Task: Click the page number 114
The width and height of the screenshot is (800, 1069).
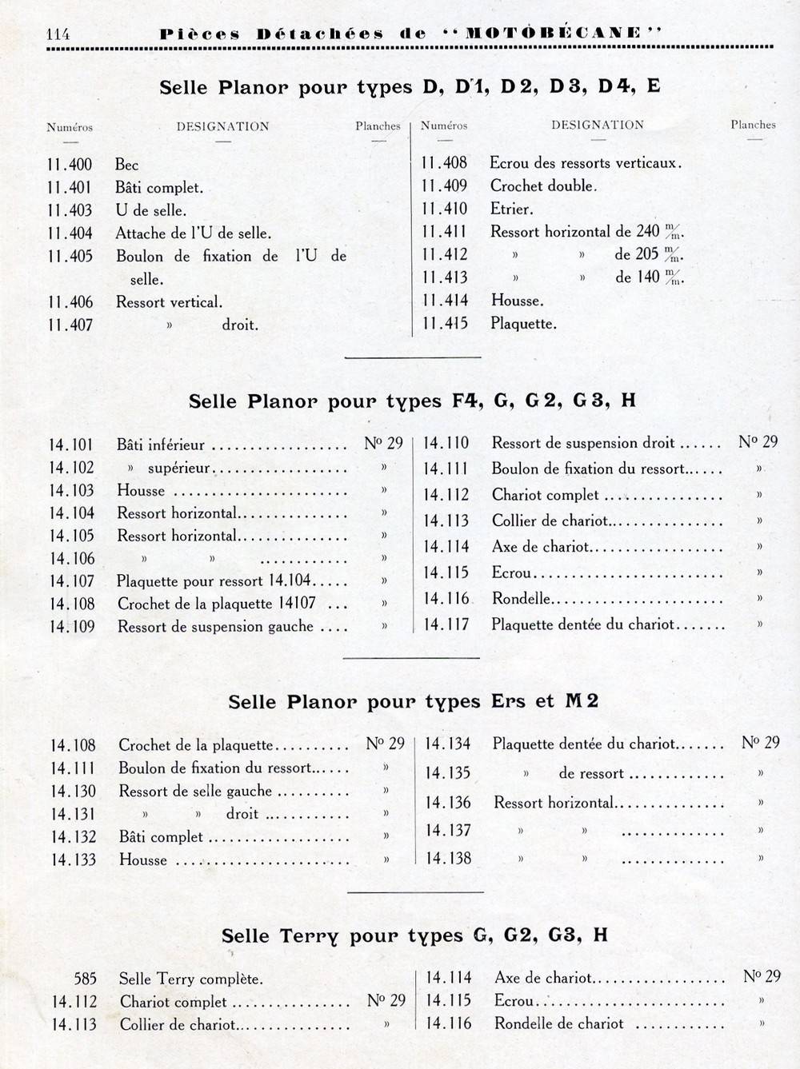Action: click(58, 34)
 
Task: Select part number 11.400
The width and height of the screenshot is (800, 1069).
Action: click(70, 165)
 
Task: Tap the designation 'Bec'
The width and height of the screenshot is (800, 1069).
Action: click(127, 165)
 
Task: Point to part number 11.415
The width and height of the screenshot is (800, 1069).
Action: click(445, 324)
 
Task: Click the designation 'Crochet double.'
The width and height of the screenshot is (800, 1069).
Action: click(543, 186)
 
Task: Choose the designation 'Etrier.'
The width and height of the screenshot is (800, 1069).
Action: click(512, 209)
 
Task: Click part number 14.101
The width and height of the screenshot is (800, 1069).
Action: click(71, 445)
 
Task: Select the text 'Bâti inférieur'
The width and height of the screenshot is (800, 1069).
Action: click(161, 445)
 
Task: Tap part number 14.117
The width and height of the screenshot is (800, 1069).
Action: click(446, 624)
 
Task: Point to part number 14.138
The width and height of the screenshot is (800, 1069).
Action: click(448, 859)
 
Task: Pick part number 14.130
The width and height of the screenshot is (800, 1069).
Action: click(73, 792)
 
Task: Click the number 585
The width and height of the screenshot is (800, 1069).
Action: click(85, 979)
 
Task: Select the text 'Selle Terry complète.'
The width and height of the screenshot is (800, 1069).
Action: click(191, 979)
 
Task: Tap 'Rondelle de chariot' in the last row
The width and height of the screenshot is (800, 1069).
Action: click(559, 1023)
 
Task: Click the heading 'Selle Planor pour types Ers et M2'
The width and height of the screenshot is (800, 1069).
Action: click(414, 701)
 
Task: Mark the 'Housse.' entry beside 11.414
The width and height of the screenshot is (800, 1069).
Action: click(517, 301)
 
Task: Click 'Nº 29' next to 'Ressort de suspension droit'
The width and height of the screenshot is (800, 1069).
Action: click(758, 442)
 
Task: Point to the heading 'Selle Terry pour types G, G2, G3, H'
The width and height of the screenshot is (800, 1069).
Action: click(414, 935)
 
